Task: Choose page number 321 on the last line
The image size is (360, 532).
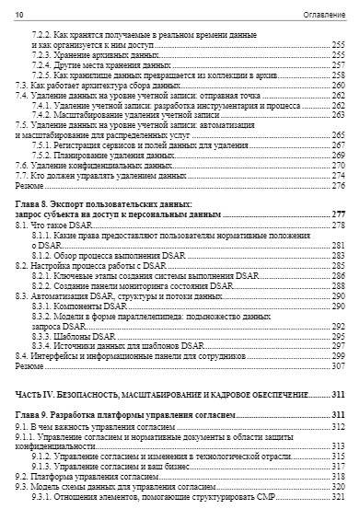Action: [x=338, y=497]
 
